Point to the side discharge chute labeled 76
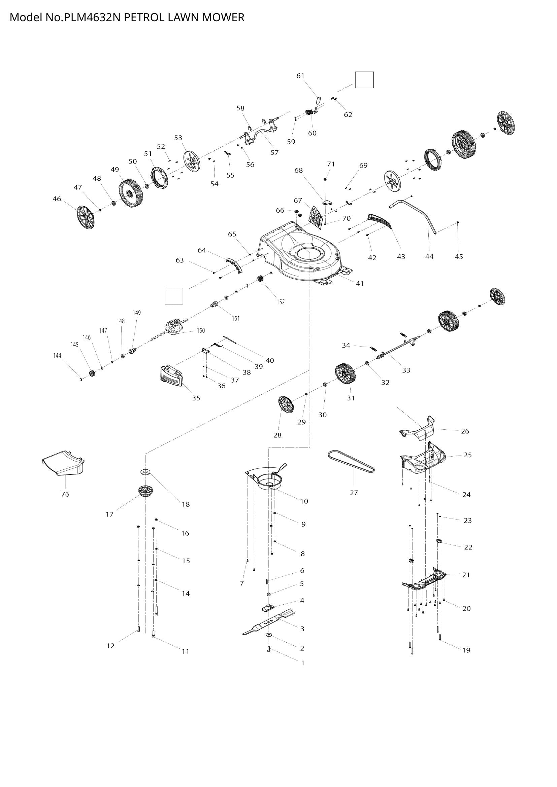pos(64,463)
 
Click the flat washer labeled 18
pos(145,472)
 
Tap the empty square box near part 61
pos(364,80)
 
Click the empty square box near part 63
pos(173,296)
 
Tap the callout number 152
pos(281,302)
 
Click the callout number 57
pos(274,152)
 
